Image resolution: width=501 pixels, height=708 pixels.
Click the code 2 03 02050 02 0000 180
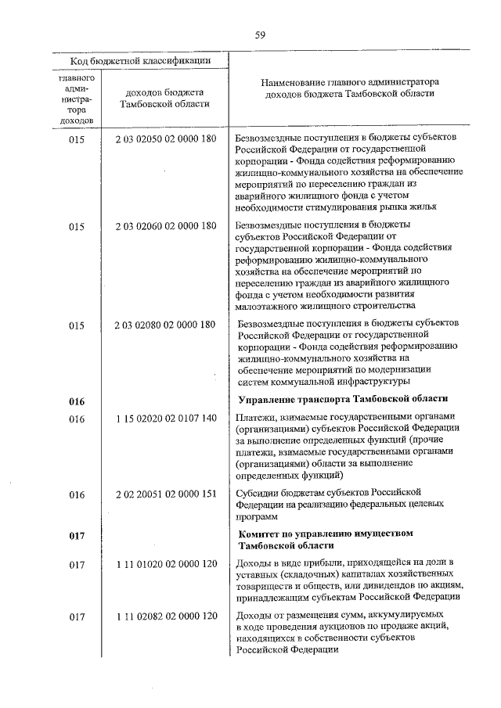pos(165,138)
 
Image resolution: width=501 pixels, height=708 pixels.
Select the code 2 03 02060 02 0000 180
pos(165,227)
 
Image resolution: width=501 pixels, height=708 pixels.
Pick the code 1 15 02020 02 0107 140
pos(165,419)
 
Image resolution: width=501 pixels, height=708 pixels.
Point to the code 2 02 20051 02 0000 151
pos(165,494)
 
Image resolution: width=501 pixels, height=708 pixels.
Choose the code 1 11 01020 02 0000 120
pos(165,564)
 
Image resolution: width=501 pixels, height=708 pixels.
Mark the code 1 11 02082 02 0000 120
pos(165,616)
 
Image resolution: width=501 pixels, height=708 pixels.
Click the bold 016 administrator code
pos(76,401)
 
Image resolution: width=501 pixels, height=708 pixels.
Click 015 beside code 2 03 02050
pos(76,138)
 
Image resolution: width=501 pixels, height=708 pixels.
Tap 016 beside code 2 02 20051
pos(76,494)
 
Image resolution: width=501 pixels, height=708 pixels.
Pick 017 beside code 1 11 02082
pos(76,616)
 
